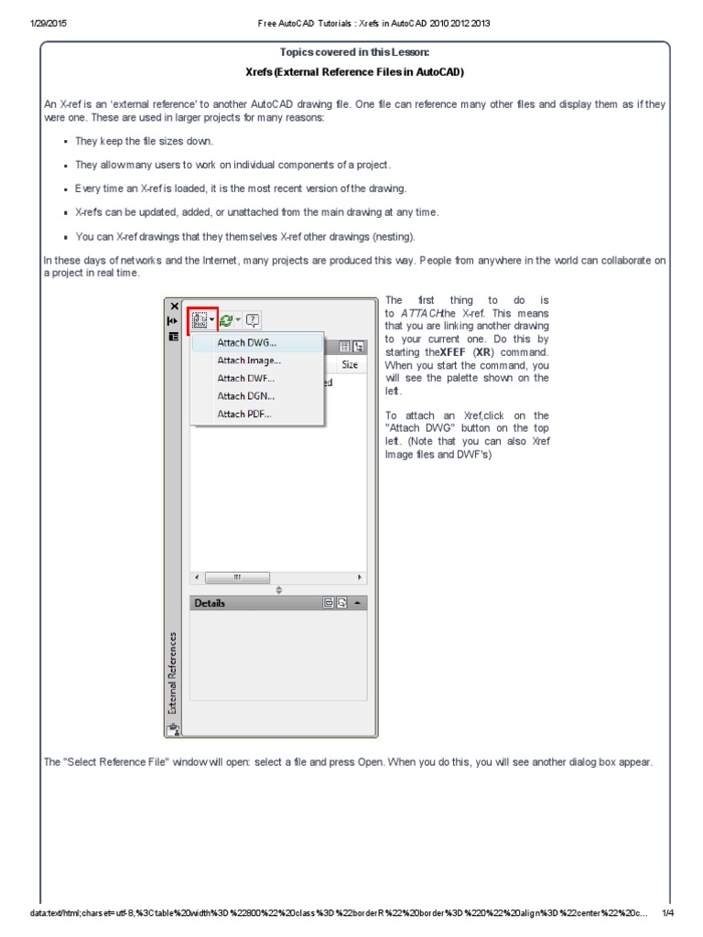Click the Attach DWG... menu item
click(246, 343)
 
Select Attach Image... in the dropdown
click(248, 361)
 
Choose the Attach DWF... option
click(245, 378)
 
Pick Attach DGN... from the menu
click(245, 396)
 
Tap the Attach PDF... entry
click(244, 414)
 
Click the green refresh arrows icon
click(226, 319)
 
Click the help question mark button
click(253, 319)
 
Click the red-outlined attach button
click(202, 320)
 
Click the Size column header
click(349, 363)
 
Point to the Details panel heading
click(210, 603)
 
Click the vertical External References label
click(172, 672)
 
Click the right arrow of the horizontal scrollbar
click(360, 577)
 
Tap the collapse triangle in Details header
click(357, 603)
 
